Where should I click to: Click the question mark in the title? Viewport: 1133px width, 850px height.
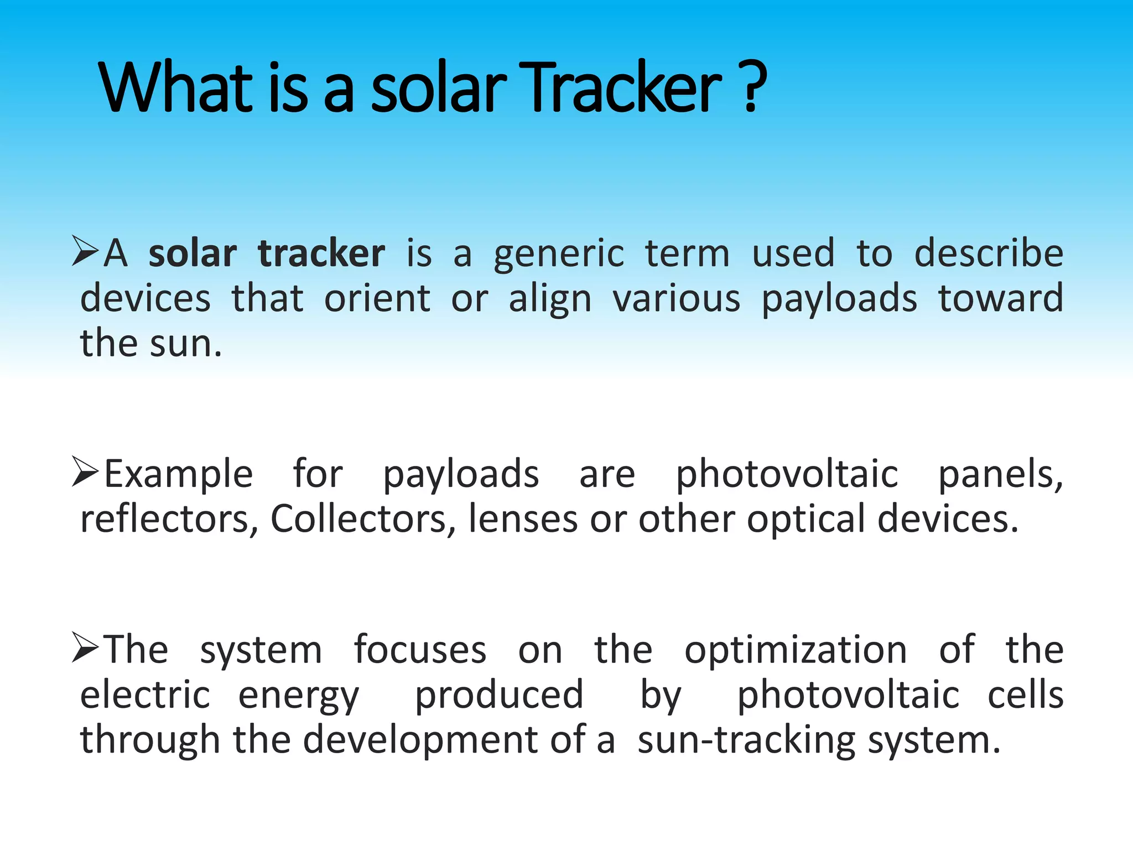tap(752, 87)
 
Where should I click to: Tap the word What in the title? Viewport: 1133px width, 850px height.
tap(175, 87)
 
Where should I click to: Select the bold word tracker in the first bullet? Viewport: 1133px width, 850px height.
tap(321, 253)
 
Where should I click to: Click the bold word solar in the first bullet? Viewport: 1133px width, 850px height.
tap(193, 253)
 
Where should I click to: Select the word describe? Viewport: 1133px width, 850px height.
tap(989, 253)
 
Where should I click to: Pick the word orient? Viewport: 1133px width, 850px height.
tap(377, 299)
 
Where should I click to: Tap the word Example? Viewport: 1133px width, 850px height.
tap(179, 475)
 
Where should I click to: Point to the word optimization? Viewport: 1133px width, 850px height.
tap(796, 651)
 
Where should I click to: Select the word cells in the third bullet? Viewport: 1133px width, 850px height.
tap(1026, 695)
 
